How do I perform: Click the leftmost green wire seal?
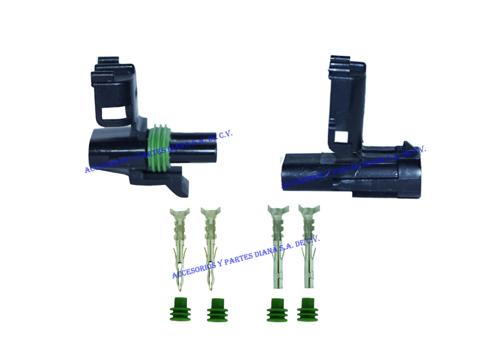180,309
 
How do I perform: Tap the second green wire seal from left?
217,310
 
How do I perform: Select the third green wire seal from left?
277,310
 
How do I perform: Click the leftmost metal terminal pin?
180,249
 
